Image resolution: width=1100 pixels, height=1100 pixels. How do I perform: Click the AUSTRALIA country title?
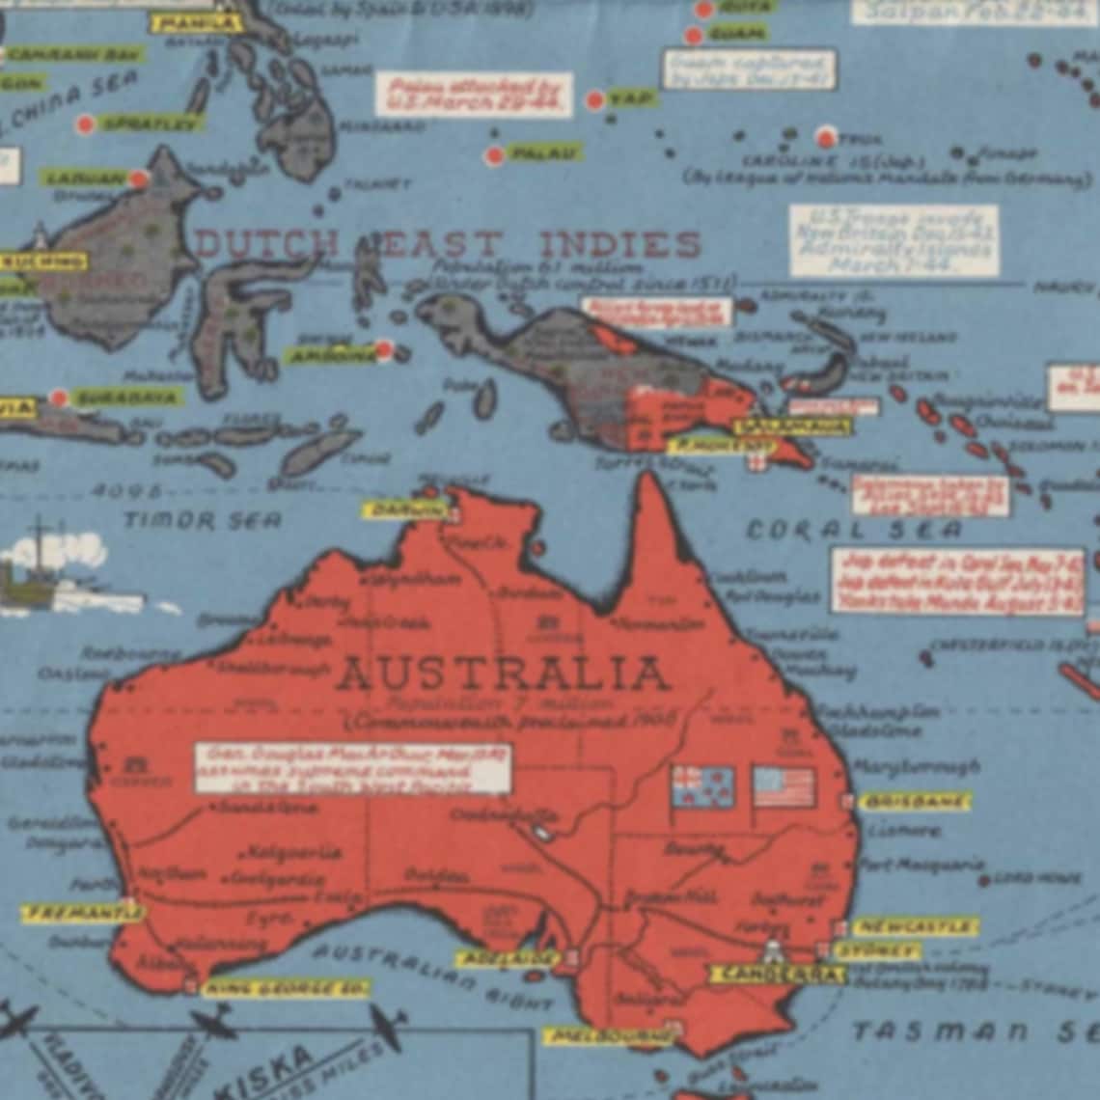coord(502,673)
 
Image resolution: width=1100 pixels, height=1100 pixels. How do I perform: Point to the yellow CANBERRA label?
coord(776,974)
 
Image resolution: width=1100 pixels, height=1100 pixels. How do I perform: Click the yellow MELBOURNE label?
coord(610,1037)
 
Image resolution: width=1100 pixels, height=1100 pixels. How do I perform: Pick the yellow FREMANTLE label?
coord(81,913)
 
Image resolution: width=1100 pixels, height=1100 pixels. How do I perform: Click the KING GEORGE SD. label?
coord(287,989)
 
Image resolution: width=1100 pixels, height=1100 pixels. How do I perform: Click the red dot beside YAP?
coord(595,99)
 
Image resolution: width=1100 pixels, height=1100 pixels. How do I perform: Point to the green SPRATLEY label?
coord(151,124)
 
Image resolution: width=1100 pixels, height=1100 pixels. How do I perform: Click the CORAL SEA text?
coord(854,530)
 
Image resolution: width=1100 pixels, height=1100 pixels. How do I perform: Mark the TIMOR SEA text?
coord(202,520)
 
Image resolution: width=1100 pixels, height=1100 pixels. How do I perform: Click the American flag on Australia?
coord(784,787)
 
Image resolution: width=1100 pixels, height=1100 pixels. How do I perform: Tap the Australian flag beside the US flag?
coord(702,787)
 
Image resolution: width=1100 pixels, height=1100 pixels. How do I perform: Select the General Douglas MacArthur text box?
coord(352,768)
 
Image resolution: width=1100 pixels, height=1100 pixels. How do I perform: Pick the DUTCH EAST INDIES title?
coord(448,245)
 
